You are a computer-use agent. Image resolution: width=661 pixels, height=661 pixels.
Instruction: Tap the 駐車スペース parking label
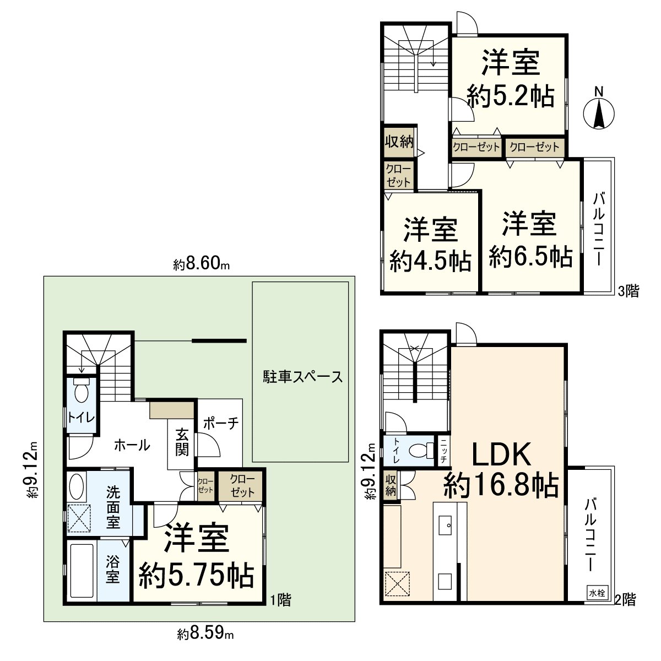pos(302,377)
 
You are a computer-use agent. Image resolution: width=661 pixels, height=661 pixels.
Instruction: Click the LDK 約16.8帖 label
pos(501,470)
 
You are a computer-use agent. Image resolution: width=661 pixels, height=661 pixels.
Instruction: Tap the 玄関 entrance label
pos(182,442)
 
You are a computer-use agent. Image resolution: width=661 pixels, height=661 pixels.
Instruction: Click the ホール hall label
pos(132,445)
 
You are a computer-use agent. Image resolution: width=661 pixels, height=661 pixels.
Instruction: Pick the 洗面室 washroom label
pos(113,507)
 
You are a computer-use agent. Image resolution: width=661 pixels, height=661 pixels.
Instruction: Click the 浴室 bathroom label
pos(113,570)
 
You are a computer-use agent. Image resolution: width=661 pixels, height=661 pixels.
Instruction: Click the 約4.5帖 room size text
pos(431,259)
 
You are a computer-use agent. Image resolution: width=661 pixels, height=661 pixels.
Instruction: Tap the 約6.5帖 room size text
pos(530,257)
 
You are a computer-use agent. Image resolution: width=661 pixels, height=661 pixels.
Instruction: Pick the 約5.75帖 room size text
pos(196,576)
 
